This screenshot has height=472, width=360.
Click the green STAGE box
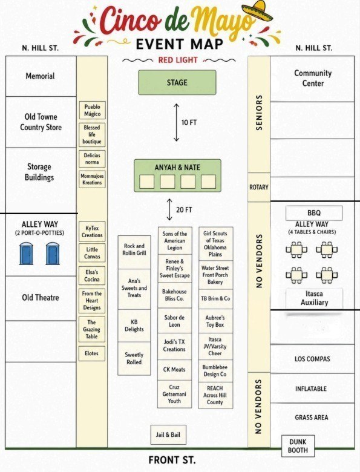pyautogui.click(x=177, y=82)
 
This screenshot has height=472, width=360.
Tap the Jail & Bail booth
pyautogui.click(x=168, y=434)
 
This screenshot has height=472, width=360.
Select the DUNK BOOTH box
pyautogui.click(x=298, y=446)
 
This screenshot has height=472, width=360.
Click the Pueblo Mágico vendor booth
pyautogui.click(x=92, y=110)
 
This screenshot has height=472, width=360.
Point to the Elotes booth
pyautogui.click(x=92, y=353)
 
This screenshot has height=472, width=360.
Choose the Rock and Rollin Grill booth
pyautogui.click(x=134, y=252)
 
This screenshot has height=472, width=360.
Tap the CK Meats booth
pyautogui.click(x=174, y=370)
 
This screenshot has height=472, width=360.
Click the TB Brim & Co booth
pyautogui.click(x=215, y=299)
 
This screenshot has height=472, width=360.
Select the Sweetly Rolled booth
pyautogui.click(x=134, y=358)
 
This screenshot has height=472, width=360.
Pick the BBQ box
pyautogui.click(x=314, y=213)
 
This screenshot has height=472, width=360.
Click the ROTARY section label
pyautogui.click(x=259, y=187)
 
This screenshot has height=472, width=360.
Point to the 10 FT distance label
pyautogui.click(x=189, y=122)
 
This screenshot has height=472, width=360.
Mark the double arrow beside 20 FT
pyautogui.click(x=170, y=209)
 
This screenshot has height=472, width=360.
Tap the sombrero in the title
pyautogui.click(x=258, y=11)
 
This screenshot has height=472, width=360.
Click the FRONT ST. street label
pyautogui.click(x=172, y=460)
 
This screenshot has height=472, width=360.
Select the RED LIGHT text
pyautogui.click(x=178, y=60)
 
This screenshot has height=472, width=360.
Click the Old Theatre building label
pyautogui.click(x=41, y=298)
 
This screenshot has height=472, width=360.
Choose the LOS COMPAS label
pyautogui.click(x=312, y=359)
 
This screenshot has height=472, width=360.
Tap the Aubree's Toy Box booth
pyautogui.click(x=215, y=321)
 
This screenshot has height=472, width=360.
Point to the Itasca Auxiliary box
pyautogui.click(x=314, y=298)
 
